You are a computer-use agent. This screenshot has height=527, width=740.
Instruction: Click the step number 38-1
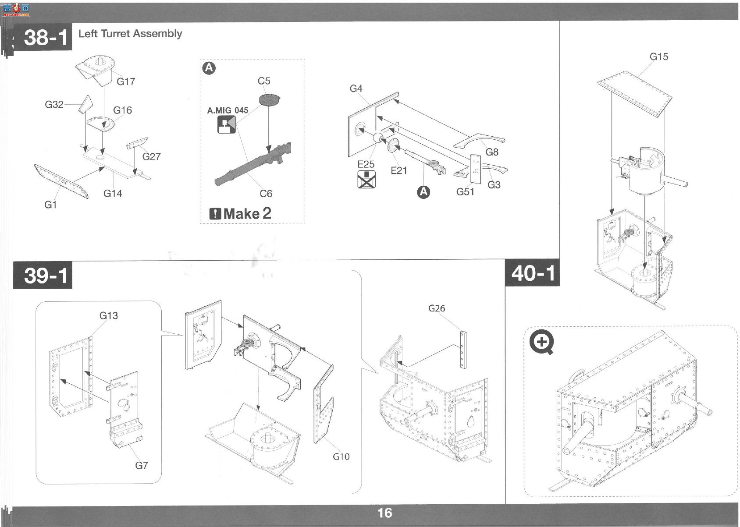46,37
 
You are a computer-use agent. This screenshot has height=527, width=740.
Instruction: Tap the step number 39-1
46,275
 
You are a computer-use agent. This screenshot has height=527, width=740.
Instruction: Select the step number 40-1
533,273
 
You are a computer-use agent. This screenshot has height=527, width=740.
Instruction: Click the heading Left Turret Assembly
130,34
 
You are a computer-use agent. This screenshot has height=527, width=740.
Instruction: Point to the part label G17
126,81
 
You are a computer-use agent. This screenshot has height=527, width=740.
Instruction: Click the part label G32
54,104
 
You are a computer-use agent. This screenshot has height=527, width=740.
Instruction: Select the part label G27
151,156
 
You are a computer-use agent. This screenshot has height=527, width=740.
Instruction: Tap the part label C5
264,81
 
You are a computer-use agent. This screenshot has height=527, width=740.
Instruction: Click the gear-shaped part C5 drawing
270,100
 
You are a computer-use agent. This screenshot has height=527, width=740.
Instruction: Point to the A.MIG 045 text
227,110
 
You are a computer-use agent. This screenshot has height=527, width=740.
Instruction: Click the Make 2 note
241,214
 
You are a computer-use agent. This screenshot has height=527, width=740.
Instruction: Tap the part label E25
366,164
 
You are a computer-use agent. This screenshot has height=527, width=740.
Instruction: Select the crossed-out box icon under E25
366,179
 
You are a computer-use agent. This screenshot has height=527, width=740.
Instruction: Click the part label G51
465,191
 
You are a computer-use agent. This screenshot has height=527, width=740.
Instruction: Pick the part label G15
659,57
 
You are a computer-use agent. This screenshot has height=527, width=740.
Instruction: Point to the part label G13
108,316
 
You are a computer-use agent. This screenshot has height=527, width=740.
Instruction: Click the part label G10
341,456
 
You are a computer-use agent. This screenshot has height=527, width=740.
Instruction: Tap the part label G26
436,308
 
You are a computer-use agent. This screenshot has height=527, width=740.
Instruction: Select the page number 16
385,513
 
